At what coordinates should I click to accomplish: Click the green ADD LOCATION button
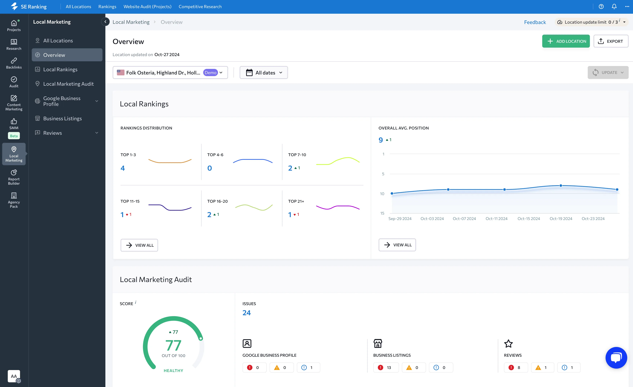[566, 41]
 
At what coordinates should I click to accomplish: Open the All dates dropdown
[264, 73]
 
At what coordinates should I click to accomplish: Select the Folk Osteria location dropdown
[170, 73]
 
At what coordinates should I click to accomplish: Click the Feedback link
[535, 22]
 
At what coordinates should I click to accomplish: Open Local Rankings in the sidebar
[60, 69]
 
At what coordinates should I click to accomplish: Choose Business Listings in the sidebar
[62, 118]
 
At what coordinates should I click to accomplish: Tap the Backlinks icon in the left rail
[14, 61]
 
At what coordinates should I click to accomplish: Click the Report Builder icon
[14, 172]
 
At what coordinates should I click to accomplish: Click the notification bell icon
[614, 7]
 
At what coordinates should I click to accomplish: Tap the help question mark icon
[601, 7]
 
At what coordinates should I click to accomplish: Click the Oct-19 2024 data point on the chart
[561, 185]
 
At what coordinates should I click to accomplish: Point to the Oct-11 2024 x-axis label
[496, 219]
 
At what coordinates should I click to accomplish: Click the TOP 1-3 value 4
[123, 168]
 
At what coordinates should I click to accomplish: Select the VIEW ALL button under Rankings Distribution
[139, 245]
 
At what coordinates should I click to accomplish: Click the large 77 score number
[173, 345]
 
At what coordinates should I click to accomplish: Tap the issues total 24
[246, 313]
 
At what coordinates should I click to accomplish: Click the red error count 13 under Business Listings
[386, 368]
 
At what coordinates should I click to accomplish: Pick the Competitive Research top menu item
[200, 7]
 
